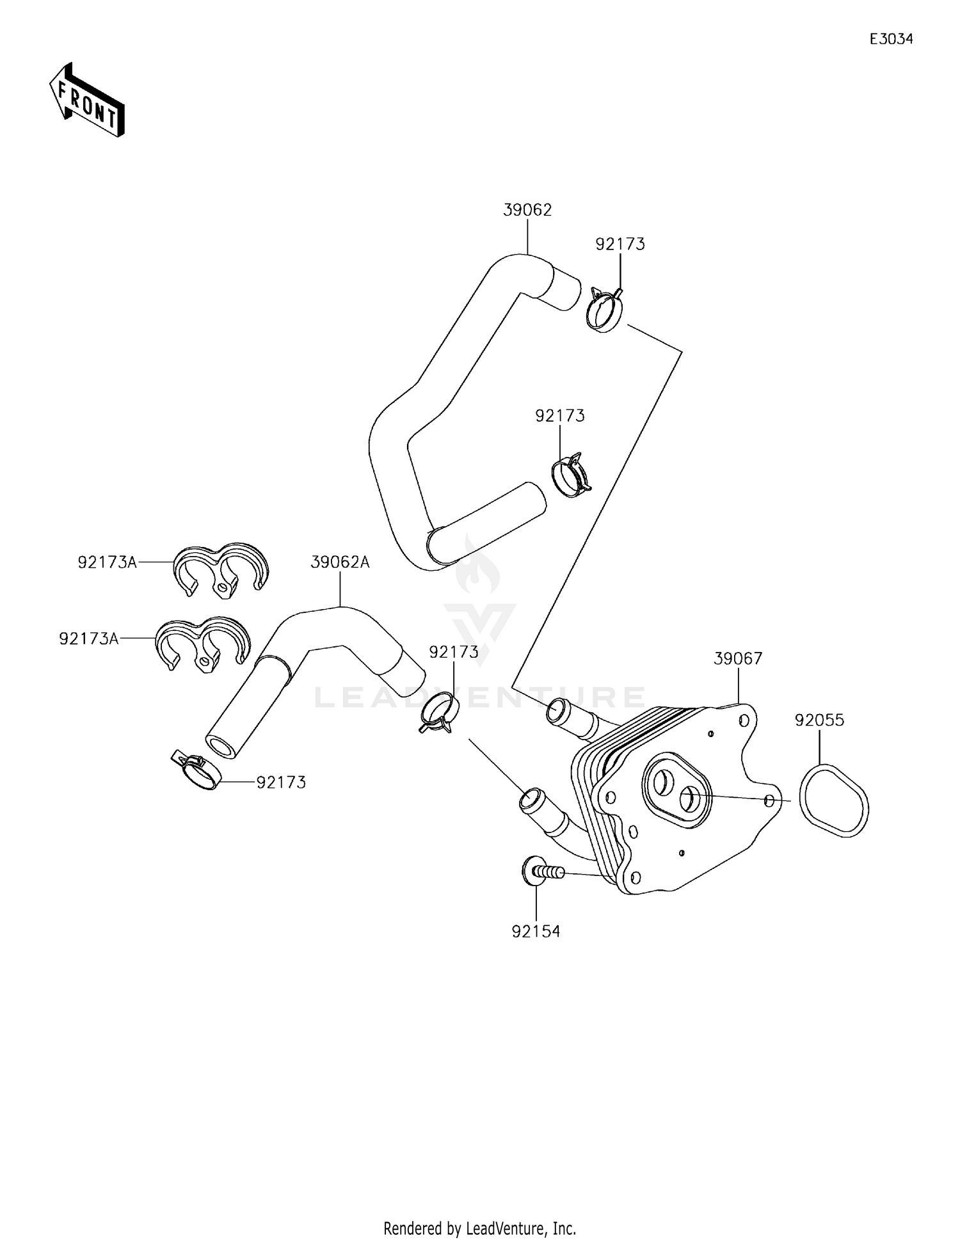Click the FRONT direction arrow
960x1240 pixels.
click(x=86, y=100)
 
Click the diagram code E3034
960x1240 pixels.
click(x=891, y=39)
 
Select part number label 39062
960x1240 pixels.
click(x=527, y=210)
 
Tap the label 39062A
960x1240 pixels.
click(x=340, y=562)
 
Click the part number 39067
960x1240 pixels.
click(x=738, y=658)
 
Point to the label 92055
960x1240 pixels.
click(x=819, y=720)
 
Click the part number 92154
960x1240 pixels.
click(x=536, y=932)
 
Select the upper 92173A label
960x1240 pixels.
click(x=107, y=562)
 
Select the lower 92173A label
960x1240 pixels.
click(x=88, y=639)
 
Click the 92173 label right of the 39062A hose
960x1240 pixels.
click(x=453, y=652)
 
